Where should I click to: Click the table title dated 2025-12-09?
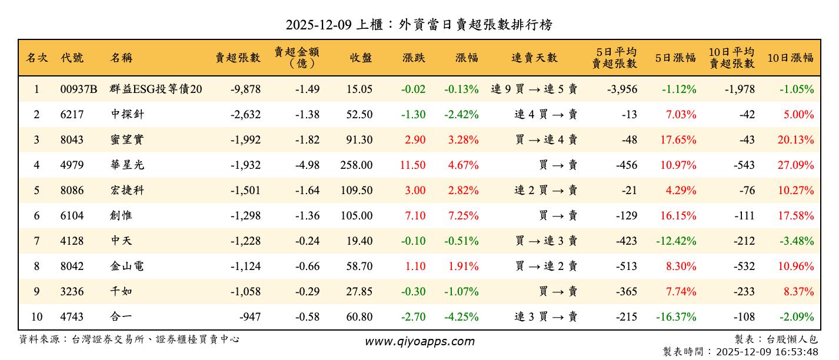[419, 25]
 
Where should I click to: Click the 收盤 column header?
[361, 58]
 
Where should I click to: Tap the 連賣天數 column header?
[534, 58]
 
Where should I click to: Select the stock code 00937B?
[78, 89]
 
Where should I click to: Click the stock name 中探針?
[127, 115]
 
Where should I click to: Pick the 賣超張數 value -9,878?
[245, 89]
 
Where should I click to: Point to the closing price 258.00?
[356, 165]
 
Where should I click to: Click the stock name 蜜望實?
[127, 140]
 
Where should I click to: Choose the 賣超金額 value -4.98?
[306, 165]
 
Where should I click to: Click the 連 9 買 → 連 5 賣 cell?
[534, 89]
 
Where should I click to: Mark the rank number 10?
[36, 317]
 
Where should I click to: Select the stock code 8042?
[72, 266]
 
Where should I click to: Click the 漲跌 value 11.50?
[412, 165]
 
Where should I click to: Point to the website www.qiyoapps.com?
[419, 341]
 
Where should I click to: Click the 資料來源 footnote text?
[129, 339]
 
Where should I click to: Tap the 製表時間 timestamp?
[740, 352]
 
